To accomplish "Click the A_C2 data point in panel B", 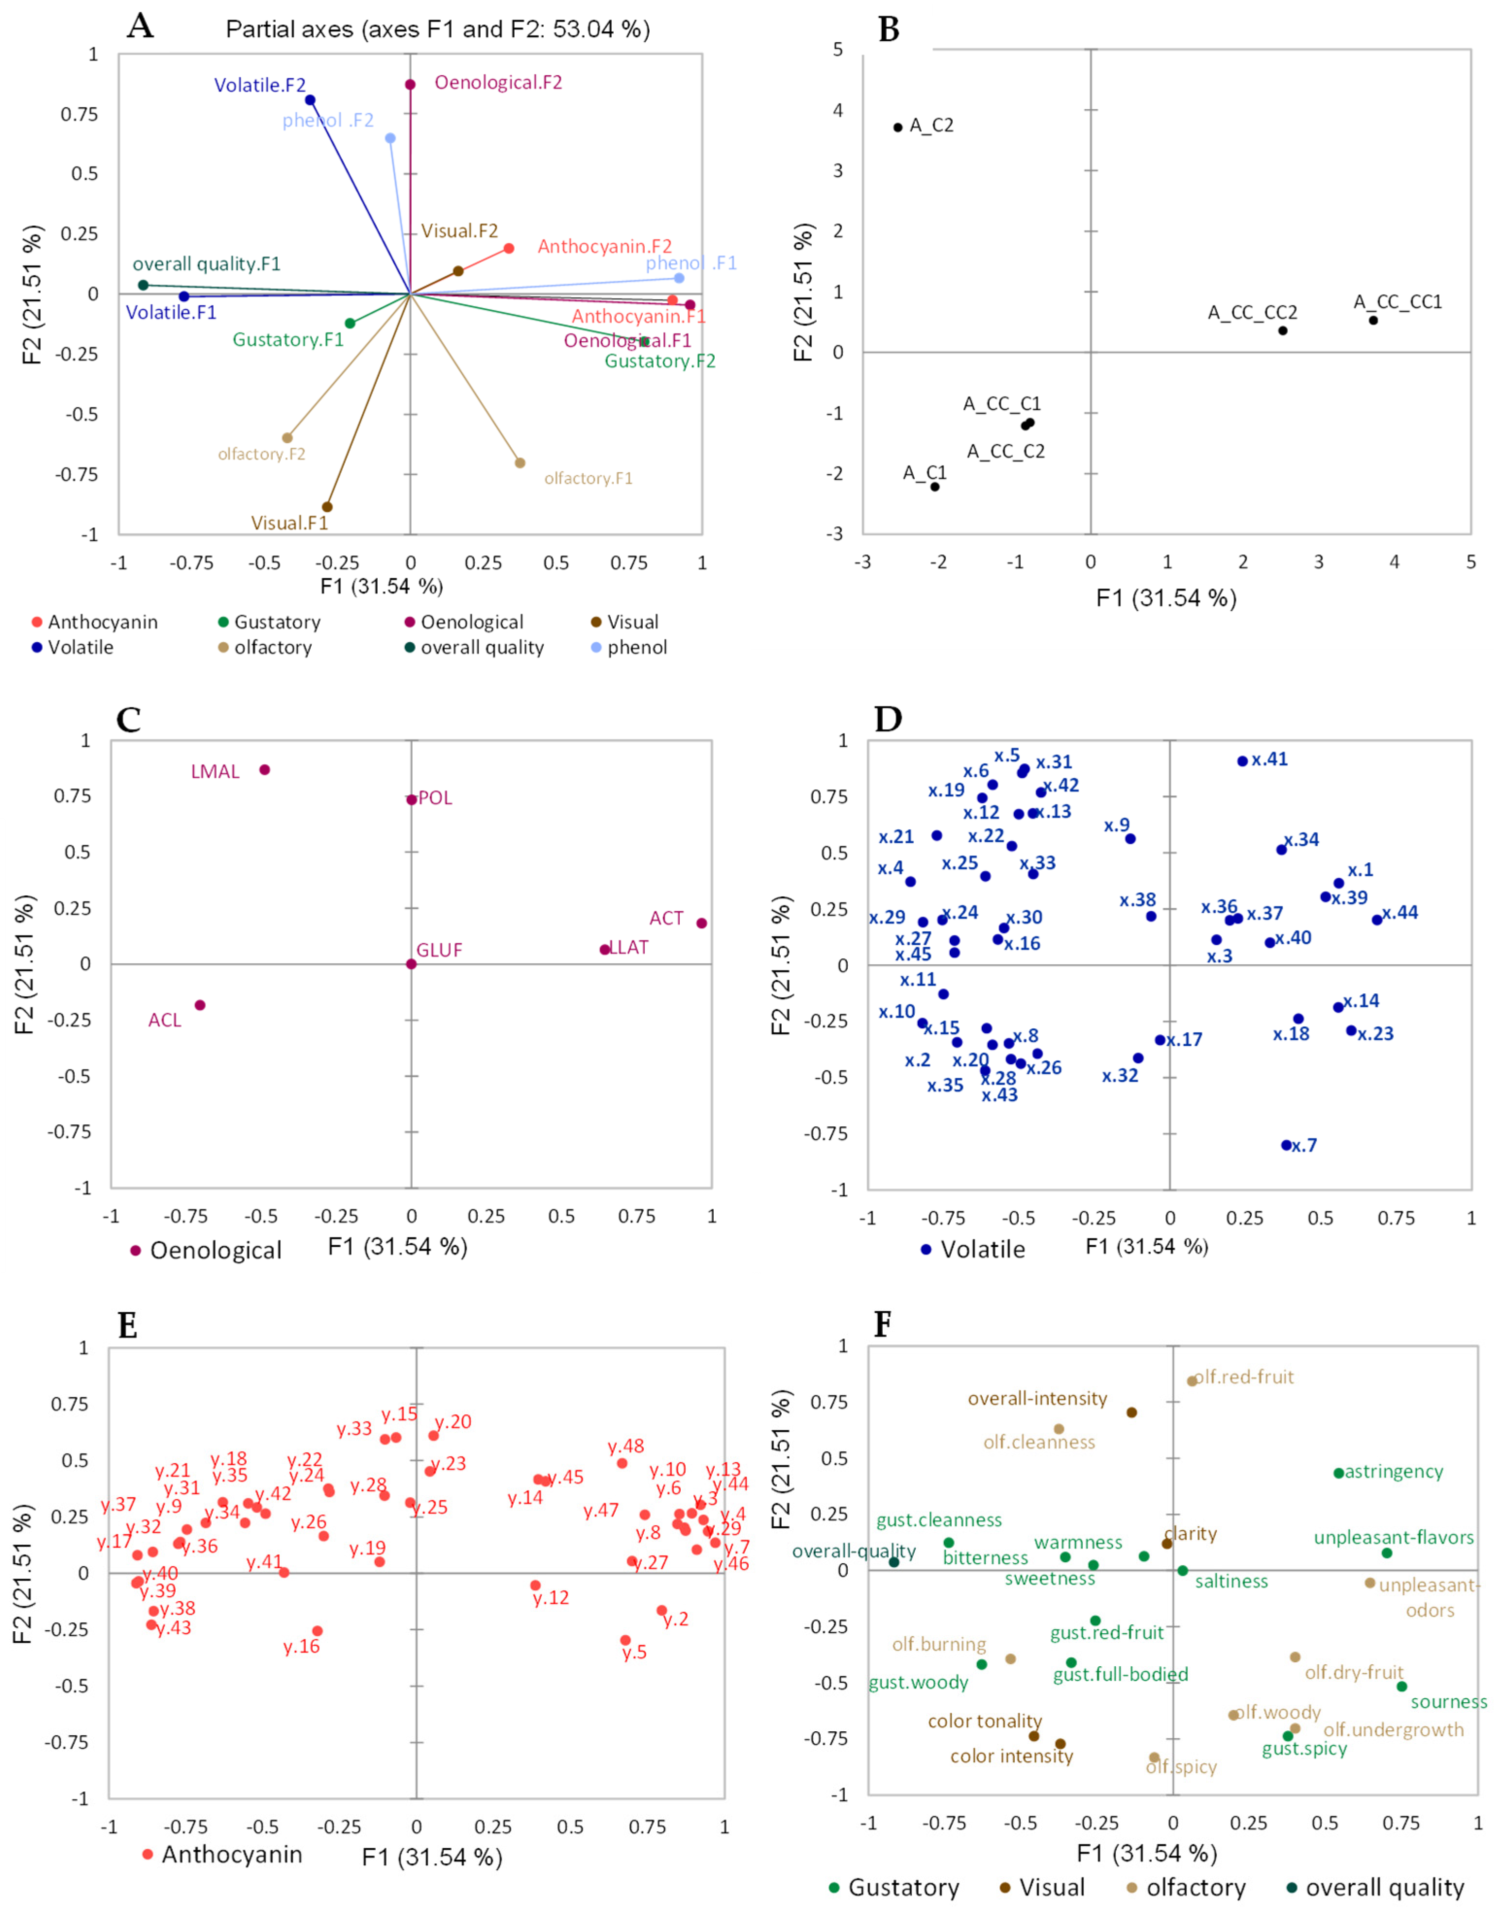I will pyautogui.click(x=897, y=128).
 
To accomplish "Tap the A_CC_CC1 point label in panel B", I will pyautogui.click(x=1397, y=301).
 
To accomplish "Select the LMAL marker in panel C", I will pyautogui.click(x=264, y=769).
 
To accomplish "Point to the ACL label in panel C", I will pyautogui.click(x=165, y=1020).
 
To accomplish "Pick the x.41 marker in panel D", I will pyautogui.click(x=1242, y=761).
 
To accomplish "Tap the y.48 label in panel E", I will pyautogui.click(x=626, y=1447).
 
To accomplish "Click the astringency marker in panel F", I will pyautogui.click(x=1338, y=1473).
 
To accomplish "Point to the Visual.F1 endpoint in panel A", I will pyautogui.click(x=327, y=506).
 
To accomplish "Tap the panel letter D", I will pyautogui.click(x=889, y=719).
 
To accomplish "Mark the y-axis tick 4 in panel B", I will pyautogui.click(x=838, y=110).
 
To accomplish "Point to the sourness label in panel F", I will pyautogui.click(x=1448, y=1702).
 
